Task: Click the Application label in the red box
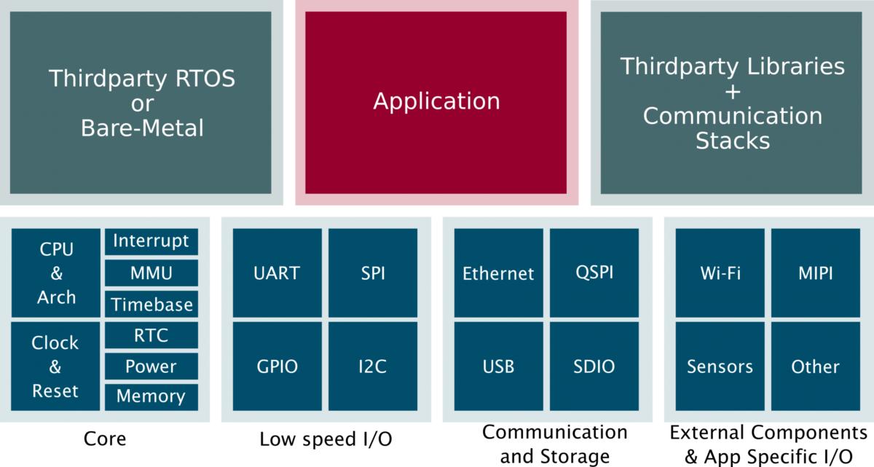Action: click(x=436, y=101)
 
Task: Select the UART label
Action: click(x=277, y=273)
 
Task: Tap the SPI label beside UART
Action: click(x=373, y=273)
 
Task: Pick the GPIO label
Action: click(x=277, y=366)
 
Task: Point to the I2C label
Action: click(x=372, y=366)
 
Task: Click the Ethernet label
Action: click(x=498, y=274)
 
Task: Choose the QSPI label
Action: click(x=594, y=272)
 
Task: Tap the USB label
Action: click(x=498, y=366)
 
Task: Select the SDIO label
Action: click(x=594, y=366)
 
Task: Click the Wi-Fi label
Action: click(x=720, y=273)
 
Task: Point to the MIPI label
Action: click(x=815, y=273)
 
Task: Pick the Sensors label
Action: click(x=720, y=366)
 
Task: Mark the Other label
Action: click(x=815, y=366)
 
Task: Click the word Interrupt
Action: click(x=151, y=240)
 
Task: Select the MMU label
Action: click(x=151, y=273)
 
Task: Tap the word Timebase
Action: click(x=151, y=305)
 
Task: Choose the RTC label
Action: click(x=151, y=335)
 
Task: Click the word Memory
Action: click(x=151, y=396)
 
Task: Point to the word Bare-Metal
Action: click(x=142, y=128)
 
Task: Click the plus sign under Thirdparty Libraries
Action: click(x=732, y=92)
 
